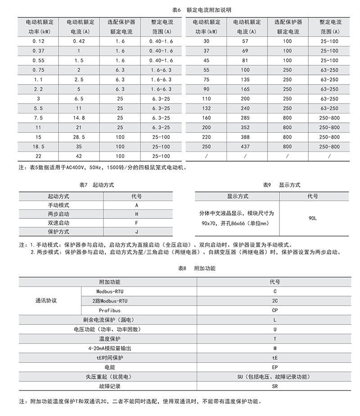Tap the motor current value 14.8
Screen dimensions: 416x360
coord(79,118)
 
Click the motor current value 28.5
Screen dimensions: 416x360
coord(79,137)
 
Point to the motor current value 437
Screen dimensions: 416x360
coord(246,146)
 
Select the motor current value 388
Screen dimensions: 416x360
coord(246,137)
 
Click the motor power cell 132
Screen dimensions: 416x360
coord(207,109)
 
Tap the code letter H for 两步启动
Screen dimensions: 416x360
coord(136,214)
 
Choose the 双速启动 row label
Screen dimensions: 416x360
coord(58,223)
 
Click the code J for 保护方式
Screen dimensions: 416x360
coord(136,232)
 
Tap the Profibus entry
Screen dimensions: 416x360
coord(110,310)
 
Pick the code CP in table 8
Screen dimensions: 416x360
coord(275,310)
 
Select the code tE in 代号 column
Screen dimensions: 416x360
coord(275,357)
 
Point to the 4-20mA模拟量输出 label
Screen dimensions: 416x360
coord(110,348)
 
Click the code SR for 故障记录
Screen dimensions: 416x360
coord(275,386)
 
